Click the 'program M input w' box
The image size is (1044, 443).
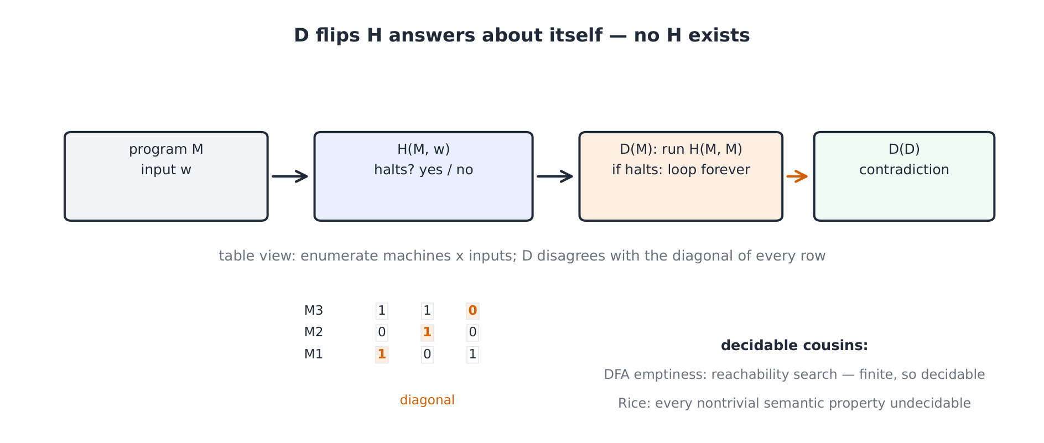[166, 176]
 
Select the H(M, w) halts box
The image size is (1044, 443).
[423, 176]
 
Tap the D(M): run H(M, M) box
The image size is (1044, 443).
[681, 176]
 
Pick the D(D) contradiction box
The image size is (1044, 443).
[904, 176]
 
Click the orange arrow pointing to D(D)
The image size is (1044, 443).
[797, 176]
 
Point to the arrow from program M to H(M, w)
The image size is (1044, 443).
[290, 176]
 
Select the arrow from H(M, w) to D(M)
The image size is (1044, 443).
[555, 176]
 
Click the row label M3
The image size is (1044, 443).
[314, 311]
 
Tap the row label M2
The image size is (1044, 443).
[314, 332]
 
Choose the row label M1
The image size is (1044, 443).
[314, 355]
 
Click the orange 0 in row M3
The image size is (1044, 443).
[472, 311]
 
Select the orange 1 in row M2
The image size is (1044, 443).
[427, 332]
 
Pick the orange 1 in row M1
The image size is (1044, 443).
[382, 355]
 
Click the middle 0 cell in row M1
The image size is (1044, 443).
[427, 355]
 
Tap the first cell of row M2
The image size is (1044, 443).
[382, 332]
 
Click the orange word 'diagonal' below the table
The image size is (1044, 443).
[427, 400]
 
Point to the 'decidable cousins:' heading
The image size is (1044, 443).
[794, 346]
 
